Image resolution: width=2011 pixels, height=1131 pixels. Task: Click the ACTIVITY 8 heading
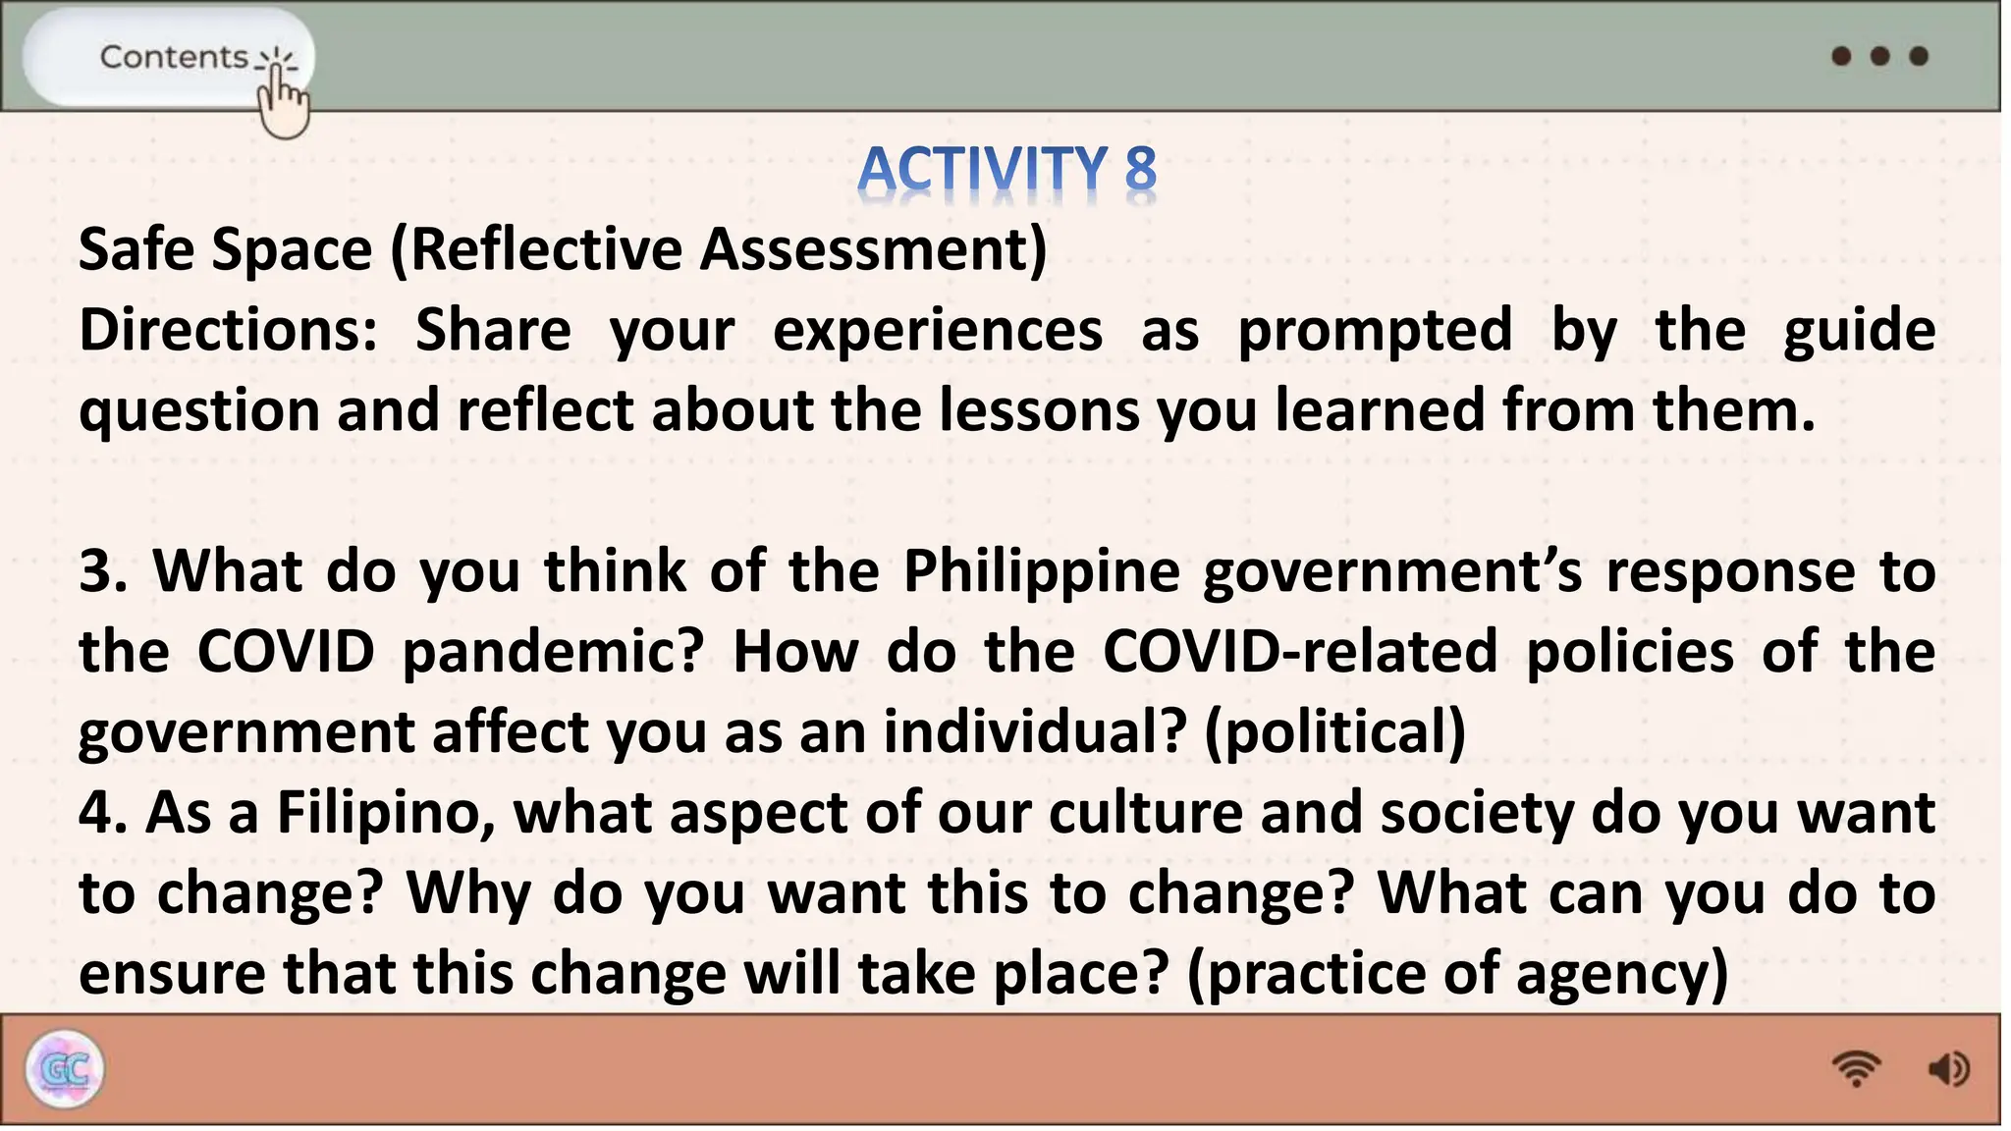pyautogui.click(x=1006, y=169)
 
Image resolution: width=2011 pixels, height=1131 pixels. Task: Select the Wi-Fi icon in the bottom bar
pyautogui.click(x=1855, y=1068)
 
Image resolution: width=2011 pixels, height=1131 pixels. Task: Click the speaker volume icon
pyautogui.click(x=1948, y=1068)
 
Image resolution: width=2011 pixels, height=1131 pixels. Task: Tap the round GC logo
pyautogui.click(x=65, y=1069)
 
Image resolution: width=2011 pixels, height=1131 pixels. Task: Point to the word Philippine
pyautogui.click(x=1041, y=571)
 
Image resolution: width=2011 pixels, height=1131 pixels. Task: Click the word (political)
pyautogui.click(x=1335, y=732)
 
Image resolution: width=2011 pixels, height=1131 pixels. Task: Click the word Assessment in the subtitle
pyautogui.click(x=873, y=249)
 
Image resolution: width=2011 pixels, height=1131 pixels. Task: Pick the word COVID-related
pyautogui.click(x=1300, y=652)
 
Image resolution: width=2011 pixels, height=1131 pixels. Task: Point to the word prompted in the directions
pyautogui.click(x=1375, y=330)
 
